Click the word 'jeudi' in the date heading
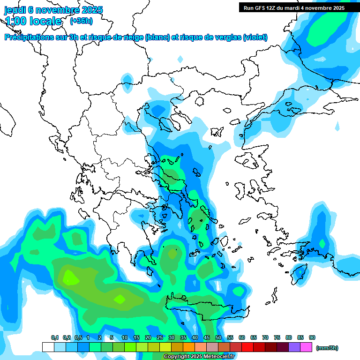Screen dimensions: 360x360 tap(15, 10)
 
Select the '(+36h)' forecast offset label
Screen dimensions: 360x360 tap(81, 21)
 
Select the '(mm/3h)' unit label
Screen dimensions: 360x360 tap(327, 348)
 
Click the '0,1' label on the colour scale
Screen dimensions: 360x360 tap(54, 338)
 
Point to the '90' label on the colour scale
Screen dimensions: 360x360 tap(312, 338)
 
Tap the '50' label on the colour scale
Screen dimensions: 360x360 tap(218, 338)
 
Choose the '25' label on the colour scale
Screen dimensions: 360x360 tap(160, 338)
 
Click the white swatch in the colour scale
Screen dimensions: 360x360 tap(48, 347)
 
